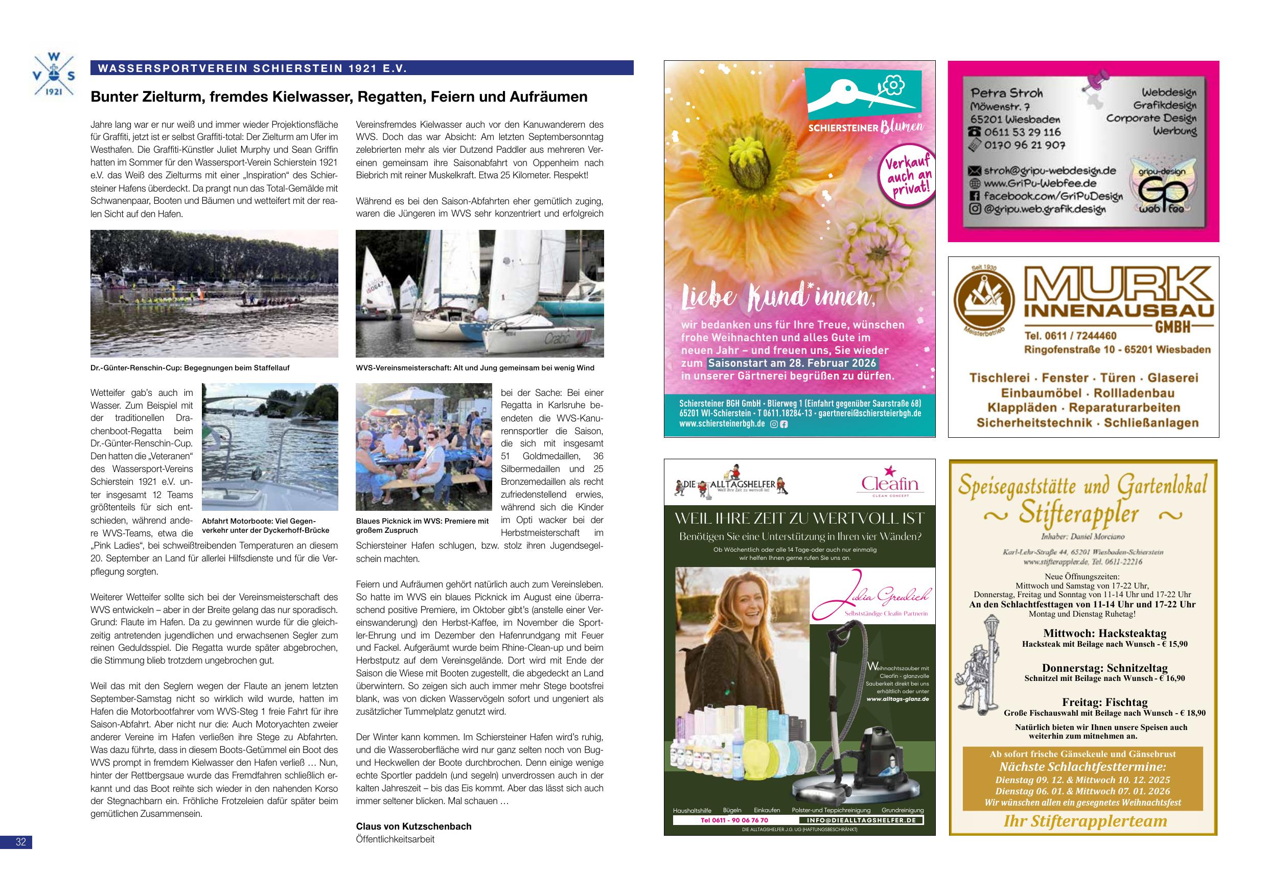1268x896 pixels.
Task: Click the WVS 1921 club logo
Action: pos(54,76)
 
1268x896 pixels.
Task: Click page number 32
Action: pos(20,842)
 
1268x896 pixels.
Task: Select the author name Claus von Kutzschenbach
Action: pos(413,827)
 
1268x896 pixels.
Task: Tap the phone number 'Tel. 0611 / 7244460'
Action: pos(1070,336)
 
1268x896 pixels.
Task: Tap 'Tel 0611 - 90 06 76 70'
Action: pos(734,820)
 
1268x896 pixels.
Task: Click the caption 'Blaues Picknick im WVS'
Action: pos(423,526)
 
